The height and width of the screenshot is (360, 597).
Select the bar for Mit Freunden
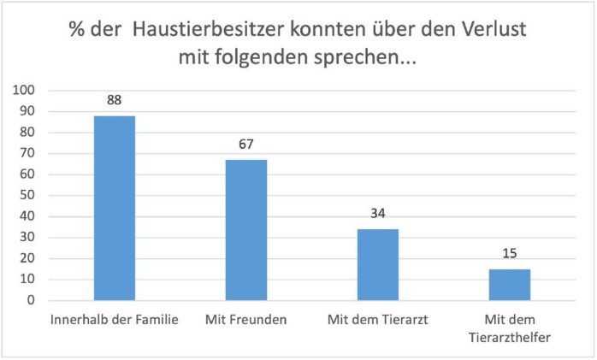[246, 230]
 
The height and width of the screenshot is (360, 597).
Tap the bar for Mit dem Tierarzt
[378, 264]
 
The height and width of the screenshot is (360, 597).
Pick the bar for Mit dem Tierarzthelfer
[511, 285]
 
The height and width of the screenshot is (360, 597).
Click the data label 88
[115, 100]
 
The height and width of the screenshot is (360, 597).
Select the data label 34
[378, 214]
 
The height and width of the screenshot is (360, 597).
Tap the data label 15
[511, 254]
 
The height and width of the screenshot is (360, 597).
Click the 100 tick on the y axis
[26, 91]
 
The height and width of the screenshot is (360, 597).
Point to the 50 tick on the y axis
[28, 196]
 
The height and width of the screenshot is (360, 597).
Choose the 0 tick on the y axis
[32, 301]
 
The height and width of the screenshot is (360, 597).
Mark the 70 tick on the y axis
[28, 154]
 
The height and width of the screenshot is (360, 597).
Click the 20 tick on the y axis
[28, 259]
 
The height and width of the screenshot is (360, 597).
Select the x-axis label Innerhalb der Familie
[115, 319]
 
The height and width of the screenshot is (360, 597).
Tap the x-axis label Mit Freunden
[246, 319]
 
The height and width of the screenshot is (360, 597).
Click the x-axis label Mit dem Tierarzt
[378, 319]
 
